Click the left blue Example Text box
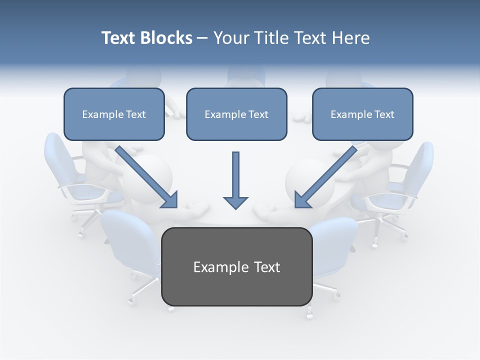coord(114,114)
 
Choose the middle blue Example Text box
coord(236,114)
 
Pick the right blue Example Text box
coord(362,114)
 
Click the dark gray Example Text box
coord(236,266)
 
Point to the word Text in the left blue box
coord(136,114)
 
